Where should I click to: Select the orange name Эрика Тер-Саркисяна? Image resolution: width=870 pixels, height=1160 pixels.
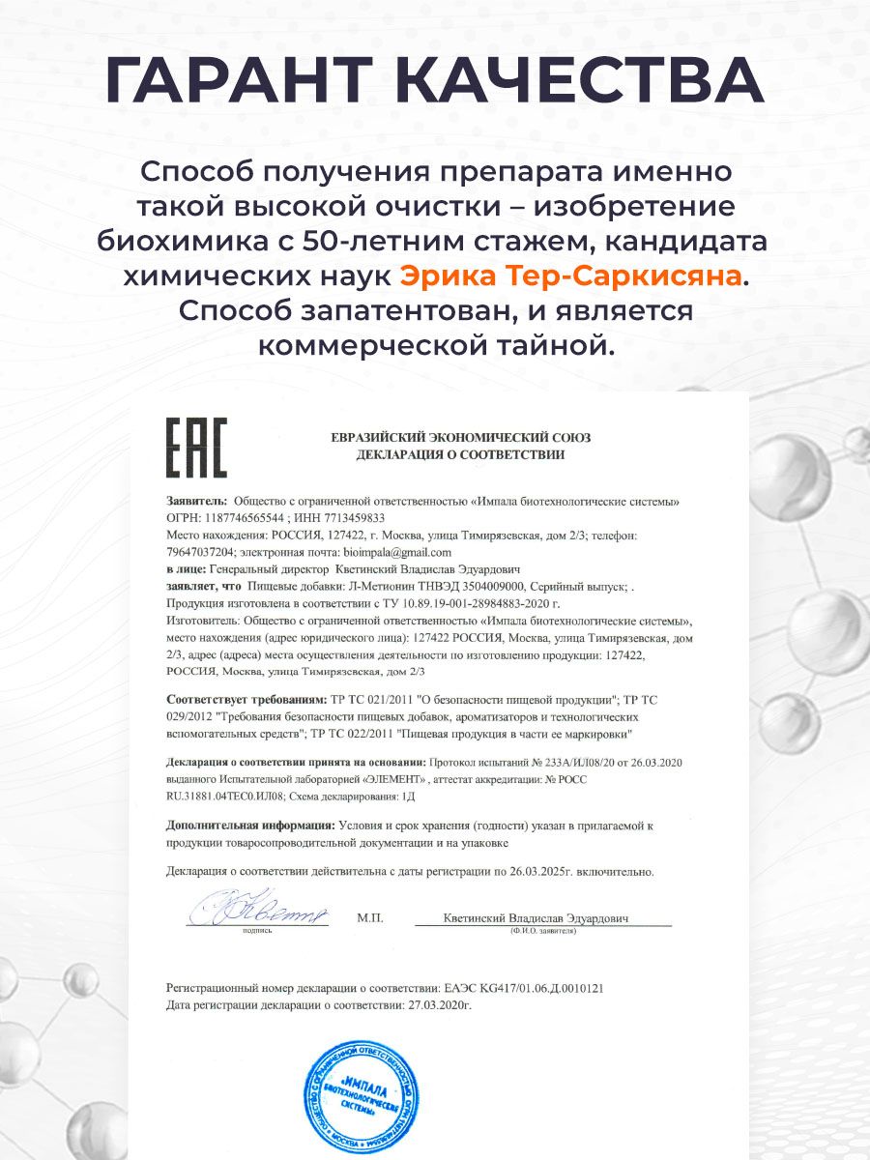(570, 276)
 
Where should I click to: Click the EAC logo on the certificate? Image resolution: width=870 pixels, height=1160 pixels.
(197, 447)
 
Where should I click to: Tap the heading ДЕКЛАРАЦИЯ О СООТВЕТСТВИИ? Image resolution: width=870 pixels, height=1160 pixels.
(460, 453)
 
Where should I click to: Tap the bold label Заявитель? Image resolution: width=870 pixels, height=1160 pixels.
(197, 502)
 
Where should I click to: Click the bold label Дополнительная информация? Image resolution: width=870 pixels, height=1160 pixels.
(250, 826)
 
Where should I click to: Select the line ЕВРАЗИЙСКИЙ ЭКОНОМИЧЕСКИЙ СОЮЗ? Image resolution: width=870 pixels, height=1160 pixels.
(460, 437)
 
